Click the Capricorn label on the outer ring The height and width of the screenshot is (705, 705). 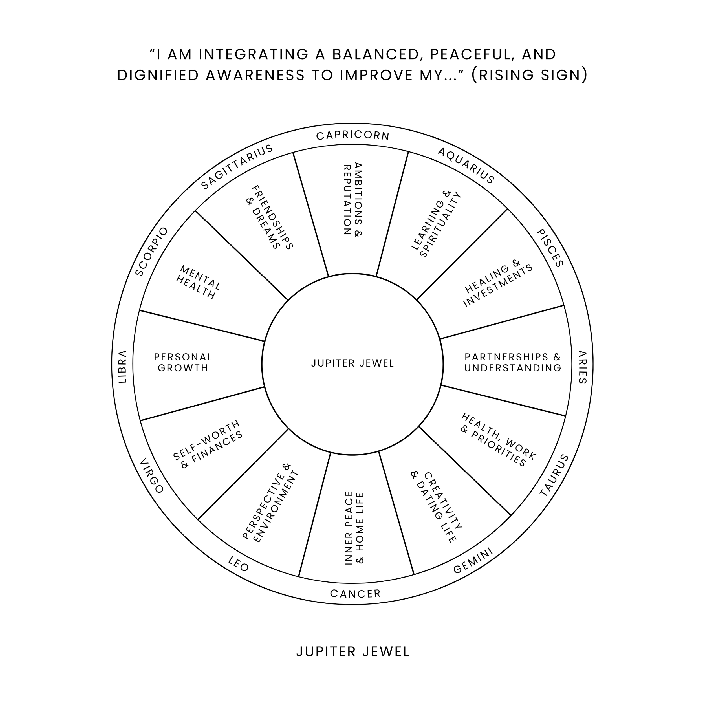(x=353, y=136)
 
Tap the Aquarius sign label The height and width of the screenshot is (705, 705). (x=466, y=165)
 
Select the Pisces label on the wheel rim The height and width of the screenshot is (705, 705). (x=550, y=248)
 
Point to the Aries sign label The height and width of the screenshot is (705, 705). (x=582, y=367)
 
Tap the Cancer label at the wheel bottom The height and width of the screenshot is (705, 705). (x=355, y=594)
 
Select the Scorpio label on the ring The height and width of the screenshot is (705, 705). (x=152, y=252)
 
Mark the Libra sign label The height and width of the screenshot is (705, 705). (x=123, y=366)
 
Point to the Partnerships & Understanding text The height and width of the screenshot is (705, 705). (x=513, y=362)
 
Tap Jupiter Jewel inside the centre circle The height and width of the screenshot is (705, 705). (x=352, y=363)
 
